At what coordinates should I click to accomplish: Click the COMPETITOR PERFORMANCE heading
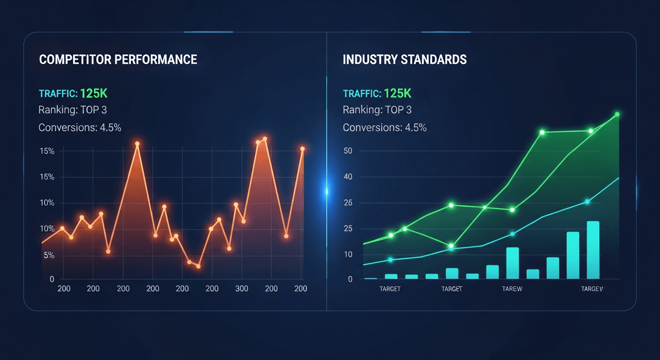pos(118,60)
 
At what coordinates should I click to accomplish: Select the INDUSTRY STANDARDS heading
pos(405,60)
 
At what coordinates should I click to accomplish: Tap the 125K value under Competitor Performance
pos(94,93)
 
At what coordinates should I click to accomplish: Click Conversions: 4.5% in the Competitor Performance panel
pos(80,127)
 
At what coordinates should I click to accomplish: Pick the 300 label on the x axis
pos(242,288)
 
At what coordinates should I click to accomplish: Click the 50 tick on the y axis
pos(348,151)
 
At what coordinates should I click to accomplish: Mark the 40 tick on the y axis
pos(348,177)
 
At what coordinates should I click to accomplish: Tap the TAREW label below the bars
pos(512,289)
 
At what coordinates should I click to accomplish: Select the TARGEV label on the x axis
pos(592,289)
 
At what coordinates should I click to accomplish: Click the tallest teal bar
pos(593,250)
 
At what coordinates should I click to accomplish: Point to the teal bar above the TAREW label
pos(512,263)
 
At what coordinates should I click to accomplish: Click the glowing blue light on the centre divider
pos(327,190)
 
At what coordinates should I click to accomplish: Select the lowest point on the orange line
pos(198,266)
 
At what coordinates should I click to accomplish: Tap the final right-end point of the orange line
pos(302,149)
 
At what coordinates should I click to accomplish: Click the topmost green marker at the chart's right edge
pos(617,114)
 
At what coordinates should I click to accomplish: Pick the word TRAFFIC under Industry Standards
pos(361,93)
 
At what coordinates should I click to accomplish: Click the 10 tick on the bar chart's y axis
pos(348,255)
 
